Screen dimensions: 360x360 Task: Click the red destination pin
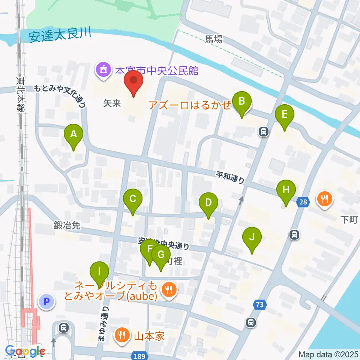(133, 82)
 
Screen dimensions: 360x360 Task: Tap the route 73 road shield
(260, 305)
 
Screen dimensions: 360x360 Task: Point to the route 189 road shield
(139, 355)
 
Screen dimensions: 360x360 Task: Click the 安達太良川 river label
(60, 36)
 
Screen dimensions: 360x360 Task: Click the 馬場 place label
(214, 39)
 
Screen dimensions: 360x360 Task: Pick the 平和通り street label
(230, 177)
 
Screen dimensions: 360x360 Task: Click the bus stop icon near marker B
(264, 131)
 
